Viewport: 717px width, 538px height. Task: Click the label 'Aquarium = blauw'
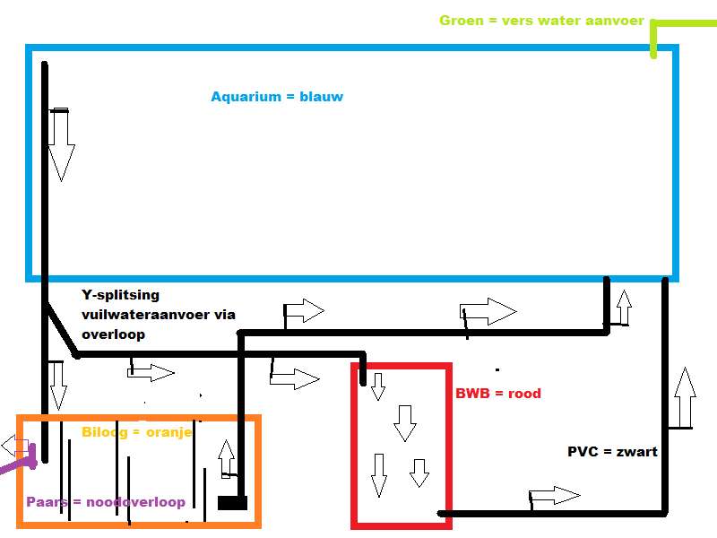click(x=277, y=97)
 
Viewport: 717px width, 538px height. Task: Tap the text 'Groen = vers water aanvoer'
click(x=541, y=21)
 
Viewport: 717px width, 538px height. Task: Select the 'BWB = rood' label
click(x=498, y=393)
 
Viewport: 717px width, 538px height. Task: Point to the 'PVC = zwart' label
click(x=613, y=452)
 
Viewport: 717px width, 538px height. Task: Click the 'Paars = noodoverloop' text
click(x=106, y=502)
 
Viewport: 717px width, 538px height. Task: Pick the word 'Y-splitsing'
click(x=120, y=295)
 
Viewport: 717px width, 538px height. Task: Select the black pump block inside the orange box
click(x=232, y=502)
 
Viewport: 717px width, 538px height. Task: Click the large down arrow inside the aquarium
click(x=60, y=143)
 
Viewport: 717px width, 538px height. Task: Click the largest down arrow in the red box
click(x=405, y=422)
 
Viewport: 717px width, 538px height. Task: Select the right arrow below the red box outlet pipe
click(x=554, y=496)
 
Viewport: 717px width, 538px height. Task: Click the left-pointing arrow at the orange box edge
click(x=13, y=445)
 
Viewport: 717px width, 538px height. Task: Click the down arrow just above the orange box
click(x=58, y=384)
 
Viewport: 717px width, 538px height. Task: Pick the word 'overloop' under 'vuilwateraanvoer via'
click(x=112, y=334)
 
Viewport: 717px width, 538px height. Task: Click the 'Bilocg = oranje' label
click(x=136, y=431)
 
